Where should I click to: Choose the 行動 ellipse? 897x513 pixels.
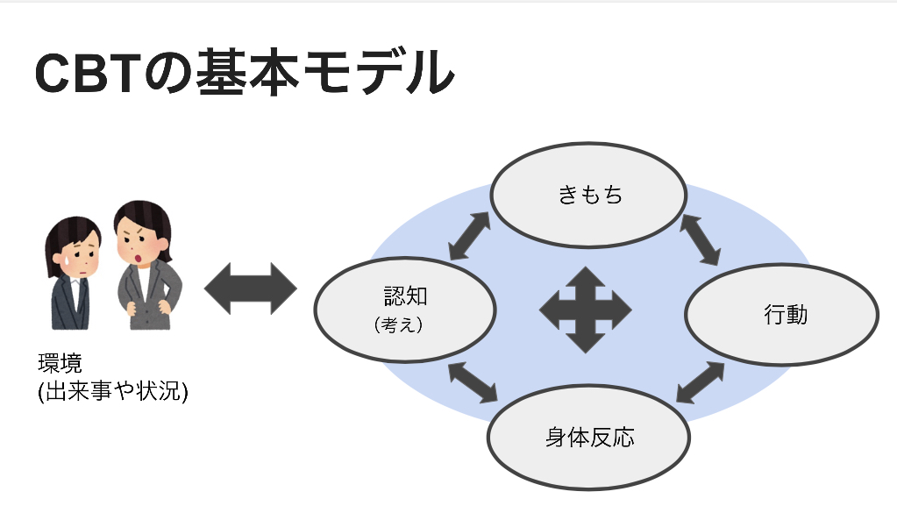coord(781,315)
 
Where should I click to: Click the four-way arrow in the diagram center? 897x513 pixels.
coord(585,309)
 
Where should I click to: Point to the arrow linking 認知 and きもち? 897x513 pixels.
coord(470,236)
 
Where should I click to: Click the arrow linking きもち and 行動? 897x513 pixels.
coord(701,239)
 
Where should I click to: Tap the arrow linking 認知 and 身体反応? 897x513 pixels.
coord(474,383)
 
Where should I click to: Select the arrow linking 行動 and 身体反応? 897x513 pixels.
coord(701,382)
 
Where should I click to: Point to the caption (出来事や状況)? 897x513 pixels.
coord(113,389)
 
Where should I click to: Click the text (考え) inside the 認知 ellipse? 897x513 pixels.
coord(398,324)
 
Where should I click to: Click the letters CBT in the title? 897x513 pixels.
coord(89,75)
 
